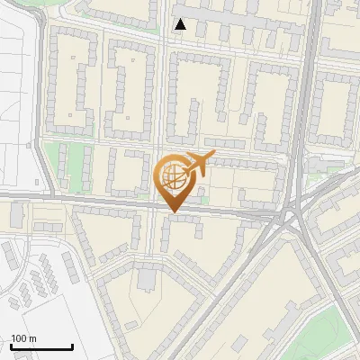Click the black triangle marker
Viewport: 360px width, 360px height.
pyautogui.click(x=181, y=24)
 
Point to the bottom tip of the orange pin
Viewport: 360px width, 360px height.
pyautogui.click(x=173, y=212)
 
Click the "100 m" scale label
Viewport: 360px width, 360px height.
pyautogui.click(x=22, y=338)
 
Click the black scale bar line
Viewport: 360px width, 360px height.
pyautogui.click(x=40, y=346)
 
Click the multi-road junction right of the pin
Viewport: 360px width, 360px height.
pyautogui.click(x=291, y=219)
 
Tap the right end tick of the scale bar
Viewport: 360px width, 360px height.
pyautogui.click(x=72, y=346)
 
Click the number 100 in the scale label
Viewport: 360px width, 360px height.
pyautogui.click(x=19, y=338)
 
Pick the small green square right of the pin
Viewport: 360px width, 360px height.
pyautogui.click(x=202, y=191)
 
